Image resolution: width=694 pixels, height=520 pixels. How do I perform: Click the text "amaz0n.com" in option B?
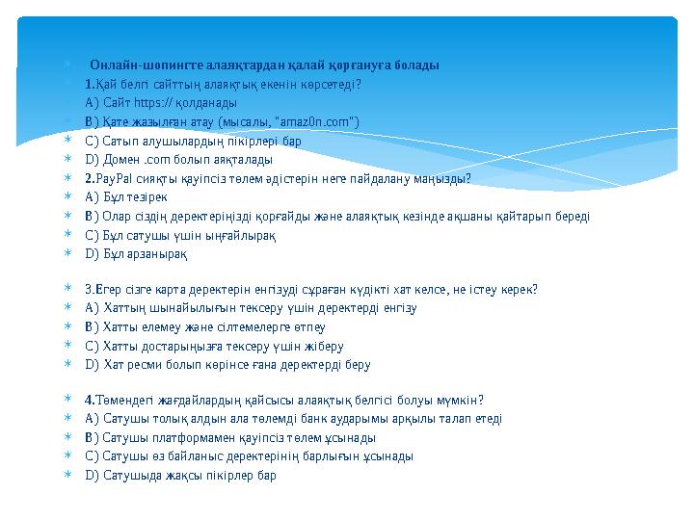click(x=318, y=120)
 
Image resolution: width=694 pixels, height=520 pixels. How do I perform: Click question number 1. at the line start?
click(x=89, y=84)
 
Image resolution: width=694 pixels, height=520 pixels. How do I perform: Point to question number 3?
click(x=89, y=289)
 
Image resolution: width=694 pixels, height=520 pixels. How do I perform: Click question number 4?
click(x=90, y=400)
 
